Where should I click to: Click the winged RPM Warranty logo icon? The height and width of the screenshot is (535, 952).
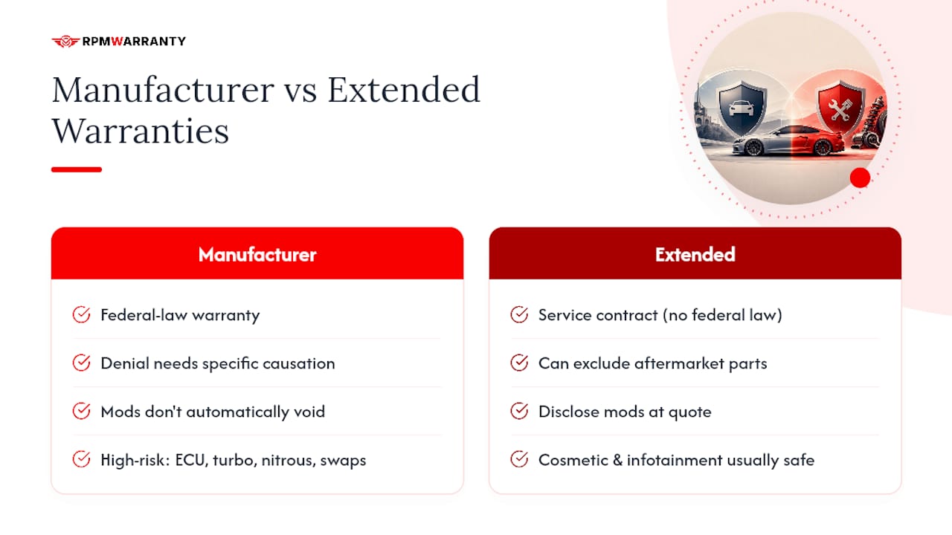click(65, 41)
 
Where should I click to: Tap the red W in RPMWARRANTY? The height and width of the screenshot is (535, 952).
click(117, 41)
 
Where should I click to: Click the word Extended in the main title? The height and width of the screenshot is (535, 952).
click(404, 90)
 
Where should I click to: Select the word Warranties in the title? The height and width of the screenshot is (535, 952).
click(141, 132)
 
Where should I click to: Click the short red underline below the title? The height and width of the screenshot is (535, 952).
click(77, 169)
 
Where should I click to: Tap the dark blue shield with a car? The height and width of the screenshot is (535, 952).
click(742, 108)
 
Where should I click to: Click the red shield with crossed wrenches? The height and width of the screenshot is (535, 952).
click(840, 108)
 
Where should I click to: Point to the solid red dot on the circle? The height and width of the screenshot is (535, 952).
click(860, 178)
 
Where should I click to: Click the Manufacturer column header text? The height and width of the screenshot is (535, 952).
click(257, 255)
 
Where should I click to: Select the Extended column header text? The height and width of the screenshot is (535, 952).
click(695, 255)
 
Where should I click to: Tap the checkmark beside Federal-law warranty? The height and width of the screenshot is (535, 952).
click(81, 314)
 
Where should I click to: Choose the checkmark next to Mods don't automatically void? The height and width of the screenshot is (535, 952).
click(81, 411)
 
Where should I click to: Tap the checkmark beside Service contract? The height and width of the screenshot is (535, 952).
click(519, 314)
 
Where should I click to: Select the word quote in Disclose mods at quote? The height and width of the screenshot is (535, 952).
click(689, 412)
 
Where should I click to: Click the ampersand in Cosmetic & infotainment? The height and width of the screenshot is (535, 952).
click(617, 460)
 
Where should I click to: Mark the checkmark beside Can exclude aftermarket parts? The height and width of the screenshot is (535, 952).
click(519, 363)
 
